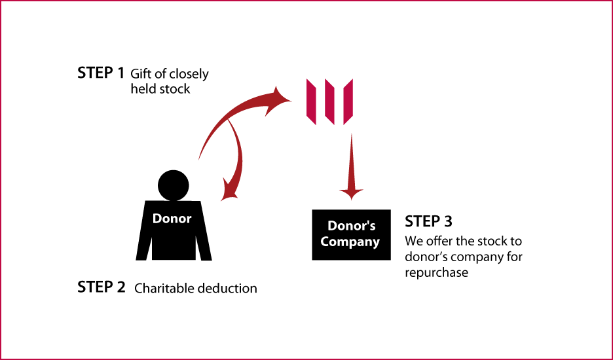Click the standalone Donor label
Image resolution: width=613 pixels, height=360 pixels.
(x=172, y=219)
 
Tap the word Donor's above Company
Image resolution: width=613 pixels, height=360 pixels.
(x=351, y=226)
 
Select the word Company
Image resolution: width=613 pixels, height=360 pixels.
(x=350, y=242)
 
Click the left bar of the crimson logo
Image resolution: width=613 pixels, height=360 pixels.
(x=311, y=101)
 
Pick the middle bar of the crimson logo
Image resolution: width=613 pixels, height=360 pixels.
(x=329, y=102)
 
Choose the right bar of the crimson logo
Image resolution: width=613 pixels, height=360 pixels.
(x=348, y=101)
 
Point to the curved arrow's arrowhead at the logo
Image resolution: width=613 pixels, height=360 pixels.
(x=283, y=99)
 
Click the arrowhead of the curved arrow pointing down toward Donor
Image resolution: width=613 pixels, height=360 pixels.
(x=229, y=192)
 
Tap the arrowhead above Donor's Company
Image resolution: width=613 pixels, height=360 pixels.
(x=351, y=193)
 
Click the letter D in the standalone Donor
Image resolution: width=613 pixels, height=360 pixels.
(x=157, y=219)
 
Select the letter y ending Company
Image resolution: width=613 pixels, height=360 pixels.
(x=376, y=243)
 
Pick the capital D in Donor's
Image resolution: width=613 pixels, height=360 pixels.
(x=332, y=226)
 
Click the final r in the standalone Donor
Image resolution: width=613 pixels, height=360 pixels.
(x=189, y=220)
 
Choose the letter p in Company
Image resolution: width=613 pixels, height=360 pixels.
(x=351, y=243)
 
